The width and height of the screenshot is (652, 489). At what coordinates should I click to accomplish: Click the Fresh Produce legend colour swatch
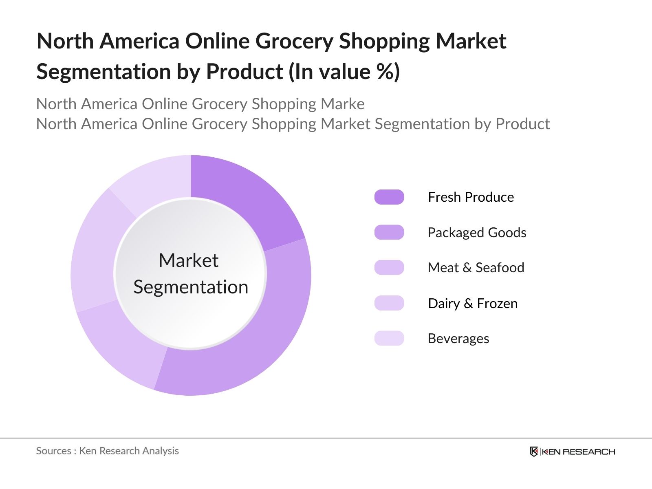(x=389, y=197)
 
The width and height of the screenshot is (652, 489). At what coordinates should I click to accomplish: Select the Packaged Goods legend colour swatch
(x=389, y=232)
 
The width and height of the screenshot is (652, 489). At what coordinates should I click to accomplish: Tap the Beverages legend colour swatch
(x=389, y=338)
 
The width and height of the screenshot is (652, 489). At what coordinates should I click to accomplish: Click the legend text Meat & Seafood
(x=476, y=268)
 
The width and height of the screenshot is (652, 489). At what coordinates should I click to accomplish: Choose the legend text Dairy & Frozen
(x=473, y=304)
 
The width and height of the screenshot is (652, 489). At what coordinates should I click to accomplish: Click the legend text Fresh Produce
(x=471, y=197)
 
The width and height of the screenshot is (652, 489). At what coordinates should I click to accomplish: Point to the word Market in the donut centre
(x=188, y=260)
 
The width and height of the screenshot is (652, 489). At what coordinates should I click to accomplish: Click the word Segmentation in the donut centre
(x=191, y=287)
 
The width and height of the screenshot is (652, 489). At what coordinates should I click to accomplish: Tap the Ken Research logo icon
(x=534, y=452)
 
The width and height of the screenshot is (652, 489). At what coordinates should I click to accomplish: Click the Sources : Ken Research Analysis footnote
(x=107, y=451)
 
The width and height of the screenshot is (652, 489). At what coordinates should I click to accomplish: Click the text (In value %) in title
(x=344, y=72)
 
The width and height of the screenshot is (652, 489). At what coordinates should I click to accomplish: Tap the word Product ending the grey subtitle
(x=522, y=124)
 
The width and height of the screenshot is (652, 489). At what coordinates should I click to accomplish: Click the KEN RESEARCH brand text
(x=579, y=452)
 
